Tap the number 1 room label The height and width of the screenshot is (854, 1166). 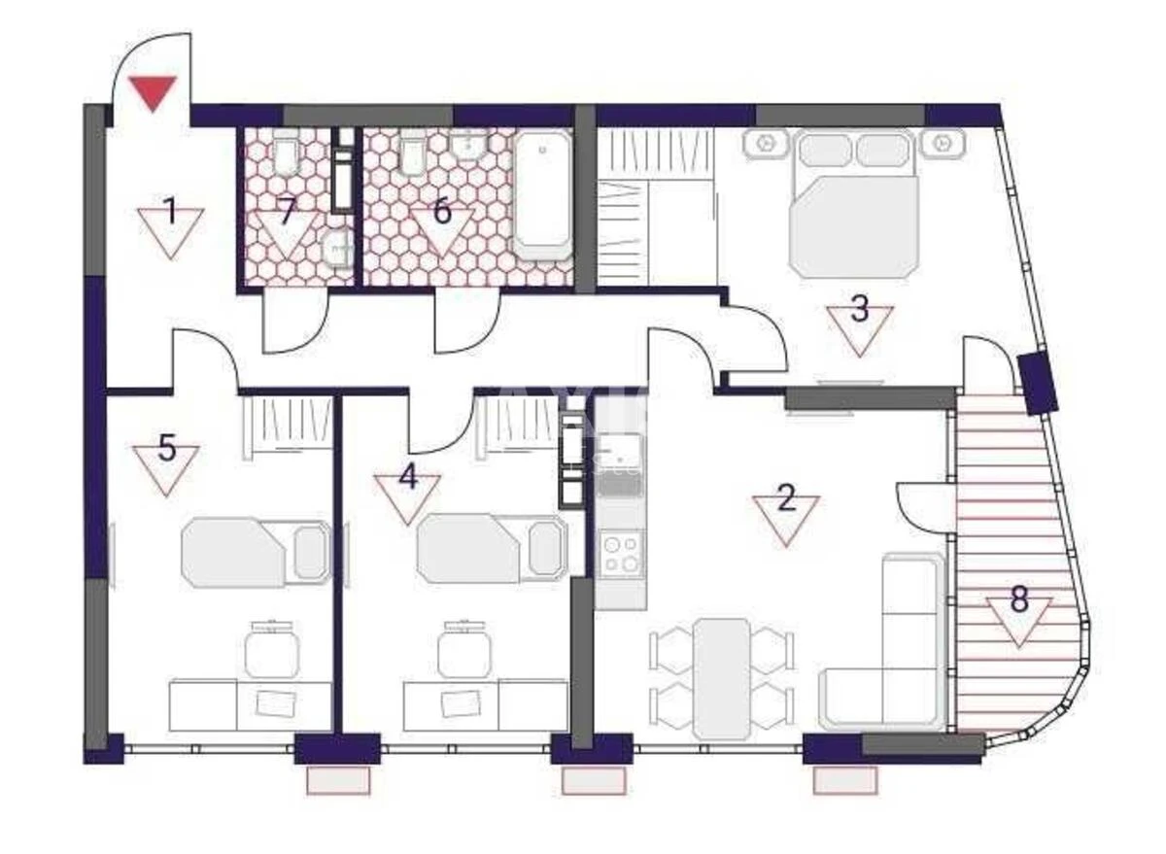(x=170, y=212)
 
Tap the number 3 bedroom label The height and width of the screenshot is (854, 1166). (x=860, y=311)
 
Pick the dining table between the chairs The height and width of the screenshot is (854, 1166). (x=721, y=677)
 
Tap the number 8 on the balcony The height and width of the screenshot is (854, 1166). (x=1018, y=600)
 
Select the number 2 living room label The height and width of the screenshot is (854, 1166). (x=786, y=500)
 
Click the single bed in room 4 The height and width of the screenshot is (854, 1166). (x=491, y=549)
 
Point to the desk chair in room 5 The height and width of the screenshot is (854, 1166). (x=271, y=651)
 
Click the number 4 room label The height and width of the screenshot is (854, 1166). (x=408, y=478)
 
